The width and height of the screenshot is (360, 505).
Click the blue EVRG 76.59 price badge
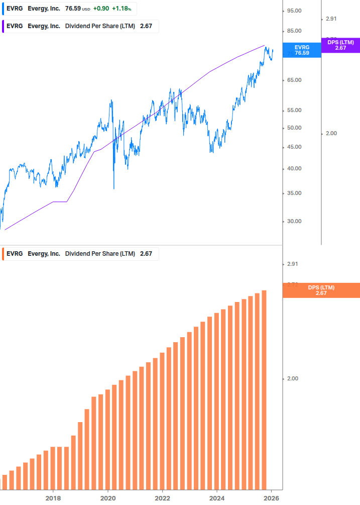tap(302, 50)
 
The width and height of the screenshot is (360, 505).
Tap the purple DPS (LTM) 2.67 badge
tap(340, 45)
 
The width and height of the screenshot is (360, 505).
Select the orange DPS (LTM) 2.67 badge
tap(321, 290)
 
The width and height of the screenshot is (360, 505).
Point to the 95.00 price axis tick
tap(294, 11)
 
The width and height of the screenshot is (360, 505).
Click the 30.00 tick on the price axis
tap(294, 221)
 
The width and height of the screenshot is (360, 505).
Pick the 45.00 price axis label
tap(294, 147)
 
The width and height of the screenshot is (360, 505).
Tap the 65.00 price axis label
tap(294, 80)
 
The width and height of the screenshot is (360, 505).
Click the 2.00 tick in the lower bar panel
tap(292, 378)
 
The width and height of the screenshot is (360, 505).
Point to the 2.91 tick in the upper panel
tap(331, 19)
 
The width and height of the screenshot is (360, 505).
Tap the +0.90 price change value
tap(101, 9)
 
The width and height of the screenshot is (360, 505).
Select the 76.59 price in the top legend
tap(73, 9)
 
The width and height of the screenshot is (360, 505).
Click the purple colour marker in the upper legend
tap(3, 26)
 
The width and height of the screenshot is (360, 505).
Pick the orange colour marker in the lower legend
tap(3, 254)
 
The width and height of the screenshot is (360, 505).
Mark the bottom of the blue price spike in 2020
tap(114, 189)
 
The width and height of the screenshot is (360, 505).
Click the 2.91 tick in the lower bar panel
tap(292, 264)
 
